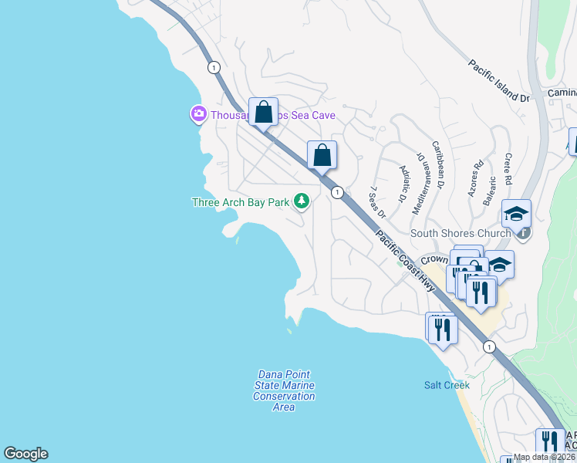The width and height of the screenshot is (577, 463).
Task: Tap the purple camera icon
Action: (198, 114)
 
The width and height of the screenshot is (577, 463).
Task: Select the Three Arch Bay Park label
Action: (241, 203)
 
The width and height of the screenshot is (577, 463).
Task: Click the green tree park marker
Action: (302, 202)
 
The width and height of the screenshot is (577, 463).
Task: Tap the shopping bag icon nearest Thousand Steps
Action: (263, 112)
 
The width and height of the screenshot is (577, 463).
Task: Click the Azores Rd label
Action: (475, 178)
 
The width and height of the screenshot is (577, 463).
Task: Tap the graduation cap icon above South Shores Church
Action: (516, 213)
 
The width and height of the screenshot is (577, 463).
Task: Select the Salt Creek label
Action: (447, 385)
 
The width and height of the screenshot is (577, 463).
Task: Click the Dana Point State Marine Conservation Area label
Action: (284, 390)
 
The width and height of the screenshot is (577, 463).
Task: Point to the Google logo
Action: (25, 454)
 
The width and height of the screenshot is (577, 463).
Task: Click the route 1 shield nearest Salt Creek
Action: (489, 347)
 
